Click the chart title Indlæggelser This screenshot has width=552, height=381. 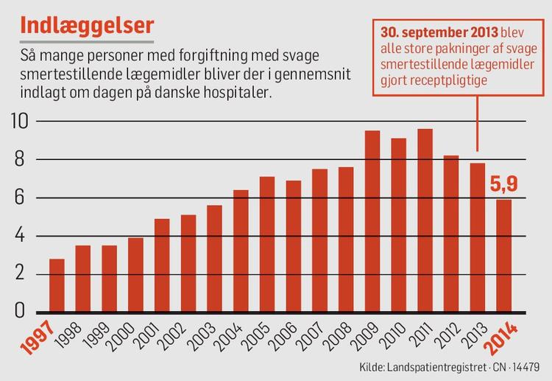click(x=87, y=24)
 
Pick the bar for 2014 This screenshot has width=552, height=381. click(x=503, y=255)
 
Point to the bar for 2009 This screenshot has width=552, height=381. click(x=372, y=220)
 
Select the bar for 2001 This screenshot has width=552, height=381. click(x=162, y=265)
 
